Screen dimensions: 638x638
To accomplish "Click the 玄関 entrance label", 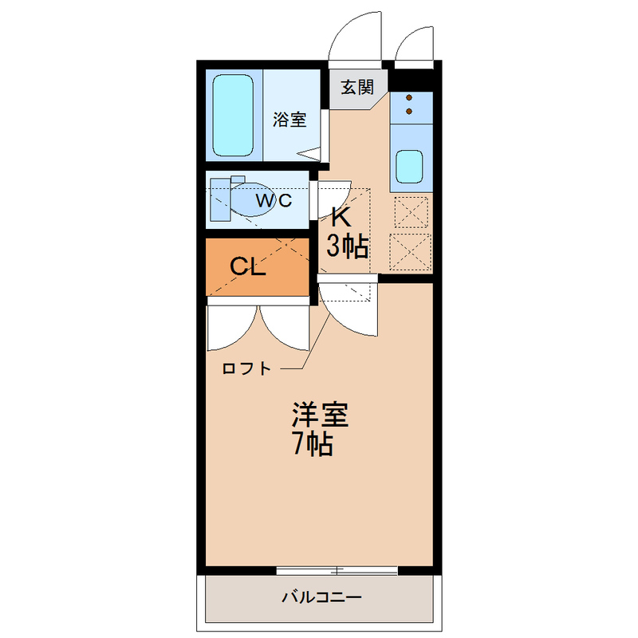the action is tap(356, 88).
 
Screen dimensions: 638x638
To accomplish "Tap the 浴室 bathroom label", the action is tap(289, 120).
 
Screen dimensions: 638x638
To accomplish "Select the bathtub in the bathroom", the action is tap(233, 115).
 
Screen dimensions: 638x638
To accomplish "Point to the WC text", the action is tap(274, 200).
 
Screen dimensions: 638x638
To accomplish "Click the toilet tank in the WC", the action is tap(220, 200).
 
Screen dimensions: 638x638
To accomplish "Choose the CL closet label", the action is tap(248, 266).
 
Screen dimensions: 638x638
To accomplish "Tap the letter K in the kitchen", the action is tap(341, 217).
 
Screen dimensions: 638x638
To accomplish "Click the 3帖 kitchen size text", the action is tap(348, 246).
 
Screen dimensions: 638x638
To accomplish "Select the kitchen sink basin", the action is tap(409, 166).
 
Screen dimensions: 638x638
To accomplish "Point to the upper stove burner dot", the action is tap(409, 97).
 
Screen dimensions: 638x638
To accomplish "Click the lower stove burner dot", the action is tap(409, 111).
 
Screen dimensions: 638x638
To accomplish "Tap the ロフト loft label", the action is tap(246, 368).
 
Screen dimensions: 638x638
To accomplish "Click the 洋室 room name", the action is tap(321, 415).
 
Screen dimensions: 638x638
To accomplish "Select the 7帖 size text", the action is tap(313, 443).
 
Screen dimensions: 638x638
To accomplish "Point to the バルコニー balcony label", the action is tap(322, 597).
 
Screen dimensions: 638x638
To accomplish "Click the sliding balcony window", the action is tap(337, 570).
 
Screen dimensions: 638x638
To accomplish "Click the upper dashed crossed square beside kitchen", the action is tap(412, 212).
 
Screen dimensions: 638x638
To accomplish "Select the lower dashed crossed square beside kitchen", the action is tap(410, 252).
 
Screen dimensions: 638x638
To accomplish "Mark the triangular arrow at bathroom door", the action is tap(309, 154).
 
